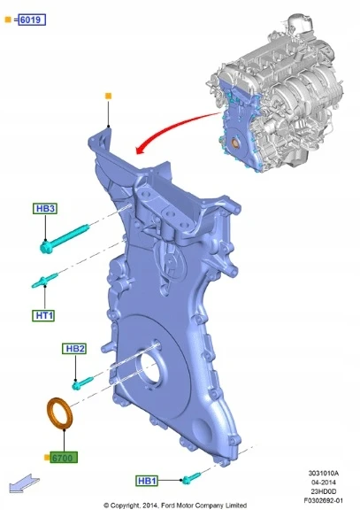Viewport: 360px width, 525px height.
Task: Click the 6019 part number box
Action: coord(32,19)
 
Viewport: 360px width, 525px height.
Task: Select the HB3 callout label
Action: coord(45,209)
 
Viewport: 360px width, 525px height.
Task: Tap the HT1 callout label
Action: coord(43,315)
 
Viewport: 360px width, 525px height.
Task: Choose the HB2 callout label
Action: coord(74,349)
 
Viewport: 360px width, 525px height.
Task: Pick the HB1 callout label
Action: coord(147,481)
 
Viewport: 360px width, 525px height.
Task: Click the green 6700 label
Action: coord(64,458)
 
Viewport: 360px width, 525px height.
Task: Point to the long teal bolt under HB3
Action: coord(65,239)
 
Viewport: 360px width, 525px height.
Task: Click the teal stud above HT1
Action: coord(45,281)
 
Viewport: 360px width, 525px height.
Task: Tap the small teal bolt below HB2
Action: coord(82,383)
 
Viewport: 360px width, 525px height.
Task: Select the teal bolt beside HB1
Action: coord(191,478)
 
